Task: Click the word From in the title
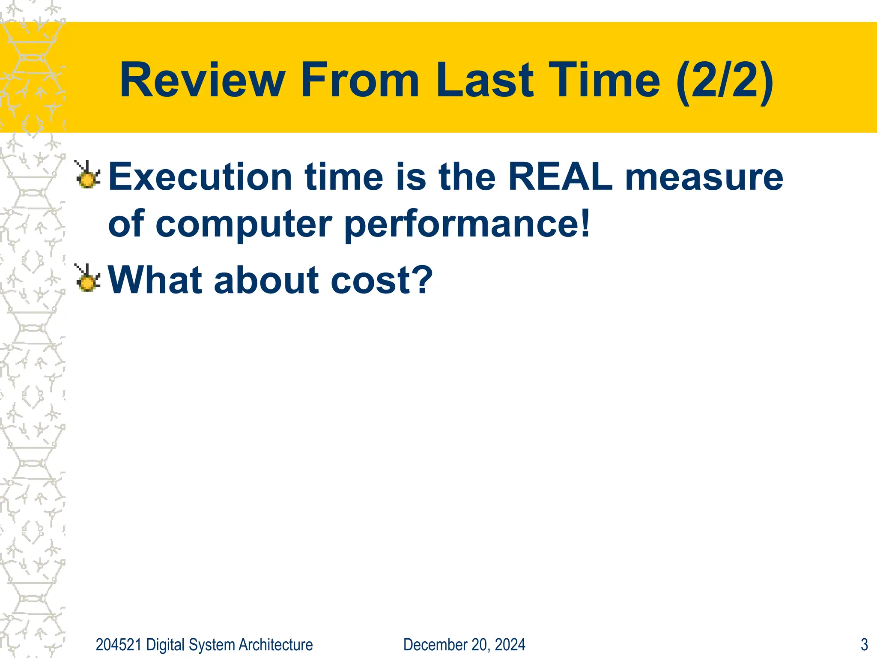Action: pyautogui.click(x=360, y=80)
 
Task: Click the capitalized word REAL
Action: pyautogui.click(x=561, y=177)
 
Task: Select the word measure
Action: pyautogui.click(x=704, y=177)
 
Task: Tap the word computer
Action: pyautogui.click(x=244, y=224)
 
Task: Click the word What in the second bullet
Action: pyautogui.click(x=155, y=280)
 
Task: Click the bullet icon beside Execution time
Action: pyautogui.click(x=88, y=175)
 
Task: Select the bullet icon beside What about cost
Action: pyautogui.click(x=88, y=278)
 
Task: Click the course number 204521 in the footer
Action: pyautogui.click(x=118, y=645)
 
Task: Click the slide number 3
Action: pyautogui.click(x=864, y=645)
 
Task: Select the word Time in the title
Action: pyautogui.click(x=604, y=80)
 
